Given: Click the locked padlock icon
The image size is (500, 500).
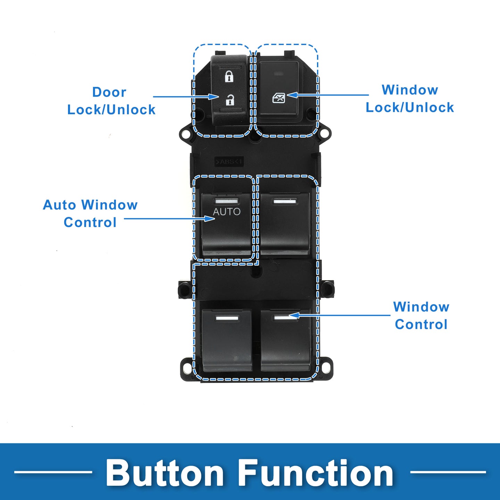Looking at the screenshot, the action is click(229, 76).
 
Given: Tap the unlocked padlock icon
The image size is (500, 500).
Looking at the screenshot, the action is click(230, 100).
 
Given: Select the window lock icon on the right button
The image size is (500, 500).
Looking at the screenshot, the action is click(279, 98).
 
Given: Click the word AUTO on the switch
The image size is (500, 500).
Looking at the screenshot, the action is click(227, 212).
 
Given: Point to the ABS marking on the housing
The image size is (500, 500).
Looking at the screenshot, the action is click(229, 162).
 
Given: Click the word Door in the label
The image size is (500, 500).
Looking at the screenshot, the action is click(109, 92).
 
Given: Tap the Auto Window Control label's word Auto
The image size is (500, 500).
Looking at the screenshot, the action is click(59, 205).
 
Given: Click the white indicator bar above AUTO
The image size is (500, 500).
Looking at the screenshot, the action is click(226, 201).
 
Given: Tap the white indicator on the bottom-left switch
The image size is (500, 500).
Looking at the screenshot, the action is click(227, 318).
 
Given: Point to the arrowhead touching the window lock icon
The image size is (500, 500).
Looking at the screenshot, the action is click(292, 95).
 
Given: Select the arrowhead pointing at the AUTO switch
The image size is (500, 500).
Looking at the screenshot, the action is click(210, 219).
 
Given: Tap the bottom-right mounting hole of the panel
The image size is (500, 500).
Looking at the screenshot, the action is click(327, 368).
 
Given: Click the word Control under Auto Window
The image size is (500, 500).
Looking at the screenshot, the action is click(90, 223).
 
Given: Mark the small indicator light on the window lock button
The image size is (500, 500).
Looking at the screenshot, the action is click(279, 74).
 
